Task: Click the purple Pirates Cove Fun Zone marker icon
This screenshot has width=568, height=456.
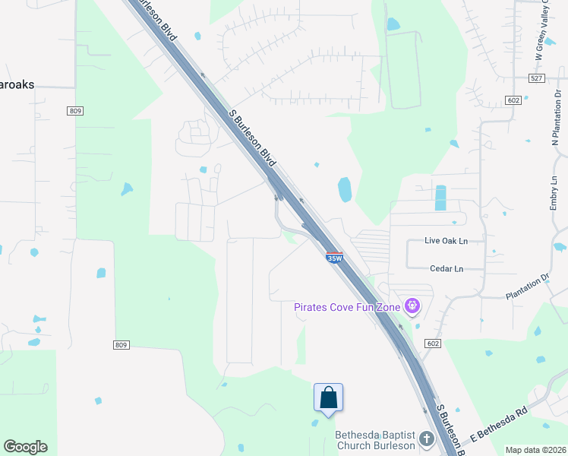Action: (x=412, y=306)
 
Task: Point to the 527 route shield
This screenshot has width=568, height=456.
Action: (x=536, y=78)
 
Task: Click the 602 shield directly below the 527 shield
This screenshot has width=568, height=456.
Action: (x=514, y=100)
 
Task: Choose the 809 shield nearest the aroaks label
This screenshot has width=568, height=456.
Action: (x=75, y=111)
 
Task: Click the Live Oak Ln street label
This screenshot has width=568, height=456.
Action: (x=445, y=241)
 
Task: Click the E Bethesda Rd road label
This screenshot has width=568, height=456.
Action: (x=497, y=427)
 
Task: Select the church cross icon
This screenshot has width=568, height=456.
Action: (x=426, y=439)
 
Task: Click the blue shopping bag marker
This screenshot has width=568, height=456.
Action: (x=328, y=397)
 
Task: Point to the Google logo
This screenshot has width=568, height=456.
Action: (x=25, y=447)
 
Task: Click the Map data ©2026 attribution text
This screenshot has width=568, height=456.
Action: (x=536, y=450)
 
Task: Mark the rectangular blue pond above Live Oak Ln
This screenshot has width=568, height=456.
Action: (x=440, y=198)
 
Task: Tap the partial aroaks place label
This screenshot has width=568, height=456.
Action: (x=17, y=84)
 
